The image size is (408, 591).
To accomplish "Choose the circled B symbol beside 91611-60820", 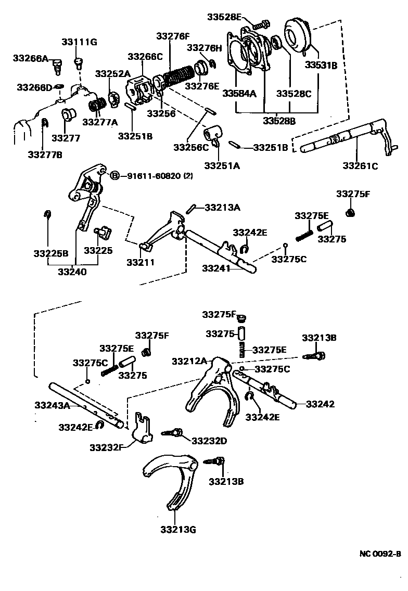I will click(x=115, y=176).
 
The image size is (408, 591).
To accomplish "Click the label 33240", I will click(x=72, y=271).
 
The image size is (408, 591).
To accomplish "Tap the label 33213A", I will click(x=222, y=208).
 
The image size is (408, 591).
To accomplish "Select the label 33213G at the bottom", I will click(x=178, y=530).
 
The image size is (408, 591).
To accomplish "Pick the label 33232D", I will click(x=209, y=441).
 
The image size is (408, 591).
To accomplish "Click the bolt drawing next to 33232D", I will click(x=173, y=432).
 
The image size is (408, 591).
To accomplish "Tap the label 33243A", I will click(x=52, y=405).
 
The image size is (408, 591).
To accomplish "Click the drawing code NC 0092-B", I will click(x=380, y=554).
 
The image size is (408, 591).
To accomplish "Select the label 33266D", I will click(x=34, y=87).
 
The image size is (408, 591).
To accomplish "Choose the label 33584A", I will click(x=239, y=94).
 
